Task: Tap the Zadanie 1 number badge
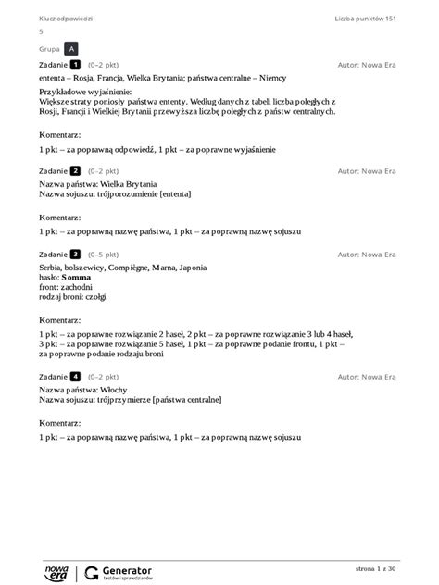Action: pyautogui.click(x=76, y=66)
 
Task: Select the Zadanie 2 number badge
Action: pyautogui.click(x=76, y=171)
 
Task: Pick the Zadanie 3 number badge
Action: pyautogui.click(x=76, y=254)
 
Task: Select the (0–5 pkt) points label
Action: pyautogui.click(x=103, y=254)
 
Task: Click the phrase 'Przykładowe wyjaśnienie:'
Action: pyautogui.click(x=85, y=93)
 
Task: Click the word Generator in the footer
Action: pyautogui.click(x=128, y=568)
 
